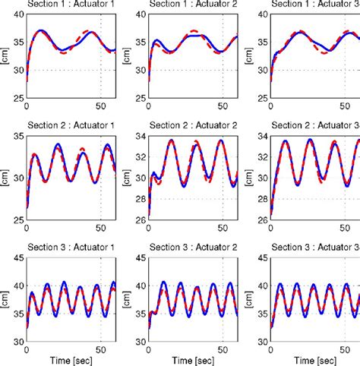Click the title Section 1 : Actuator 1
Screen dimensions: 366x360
click(71, 6)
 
